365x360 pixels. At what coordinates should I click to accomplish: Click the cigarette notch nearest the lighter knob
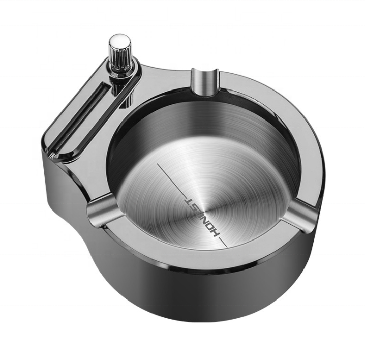[x=205, y=82]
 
